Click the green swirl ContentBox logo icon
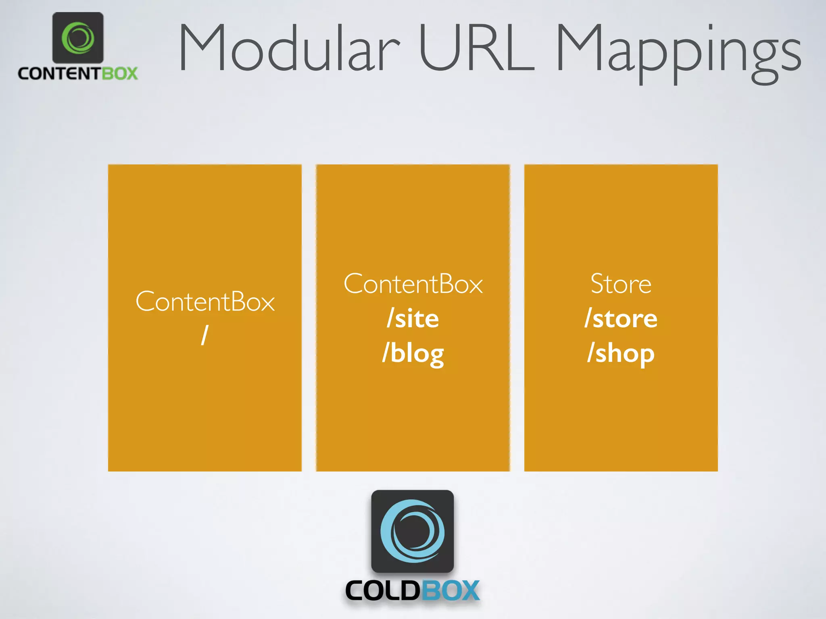(x=78, y=37)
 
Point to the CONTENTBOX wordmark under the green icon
(x=78, y=73)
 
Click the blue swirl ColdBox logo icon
(x=413, y=531)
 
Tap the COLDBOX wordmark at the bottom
(x=413, y=591)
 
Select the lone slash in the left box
(x=205, y=335)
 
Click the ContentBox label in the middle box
(x=413, y=284)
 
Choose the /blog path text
(x=413, y=353)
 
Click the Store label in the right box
(x=621, y=284)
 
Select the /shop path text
(x=621, y=353)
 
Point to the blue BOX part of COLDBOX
(x=450, y=591)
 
